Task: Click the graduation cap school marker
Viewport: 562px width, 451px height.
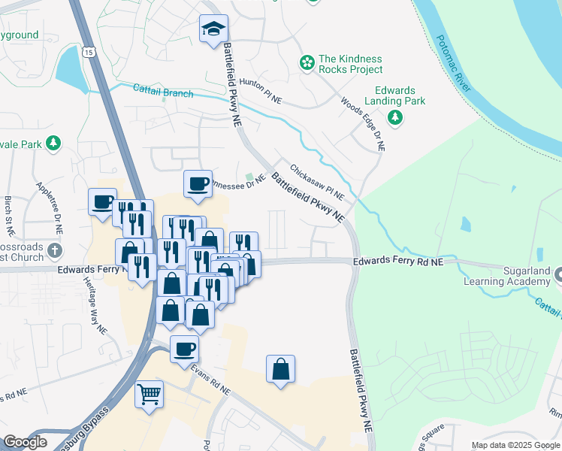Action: coord(214,30)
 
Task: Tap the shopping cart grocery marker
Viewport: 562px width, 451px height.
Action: coord(150,392)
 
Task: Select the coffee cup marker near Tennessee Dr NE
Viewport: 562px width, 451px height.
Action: coord(198,184)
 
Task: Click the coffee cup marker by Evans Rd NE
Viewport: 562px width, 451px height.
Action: coord(185,349)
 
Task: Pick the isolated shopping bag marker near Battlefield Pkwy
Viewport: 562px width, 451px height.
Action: coord(280,369)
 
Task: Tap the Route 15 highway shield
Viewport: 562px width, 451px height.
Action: coord(89,52)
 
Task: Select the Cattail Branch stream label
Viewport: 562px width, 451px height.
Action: coord(163,92)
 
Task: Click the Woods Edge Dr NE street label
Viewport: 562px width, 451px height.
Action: coord(363,124)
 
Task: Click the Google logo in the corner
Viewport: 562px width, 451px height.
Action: coord(25,442)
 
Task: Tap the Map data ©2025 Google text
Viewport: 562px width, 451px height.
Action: coord(515,445)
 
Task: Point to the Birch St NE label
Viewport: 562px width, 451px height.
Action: coord(8,212)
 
